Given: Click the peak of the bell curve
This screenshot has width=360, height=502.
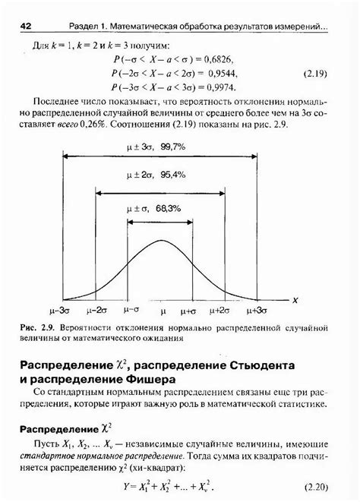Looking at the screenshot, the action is [x=160, y=241].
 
